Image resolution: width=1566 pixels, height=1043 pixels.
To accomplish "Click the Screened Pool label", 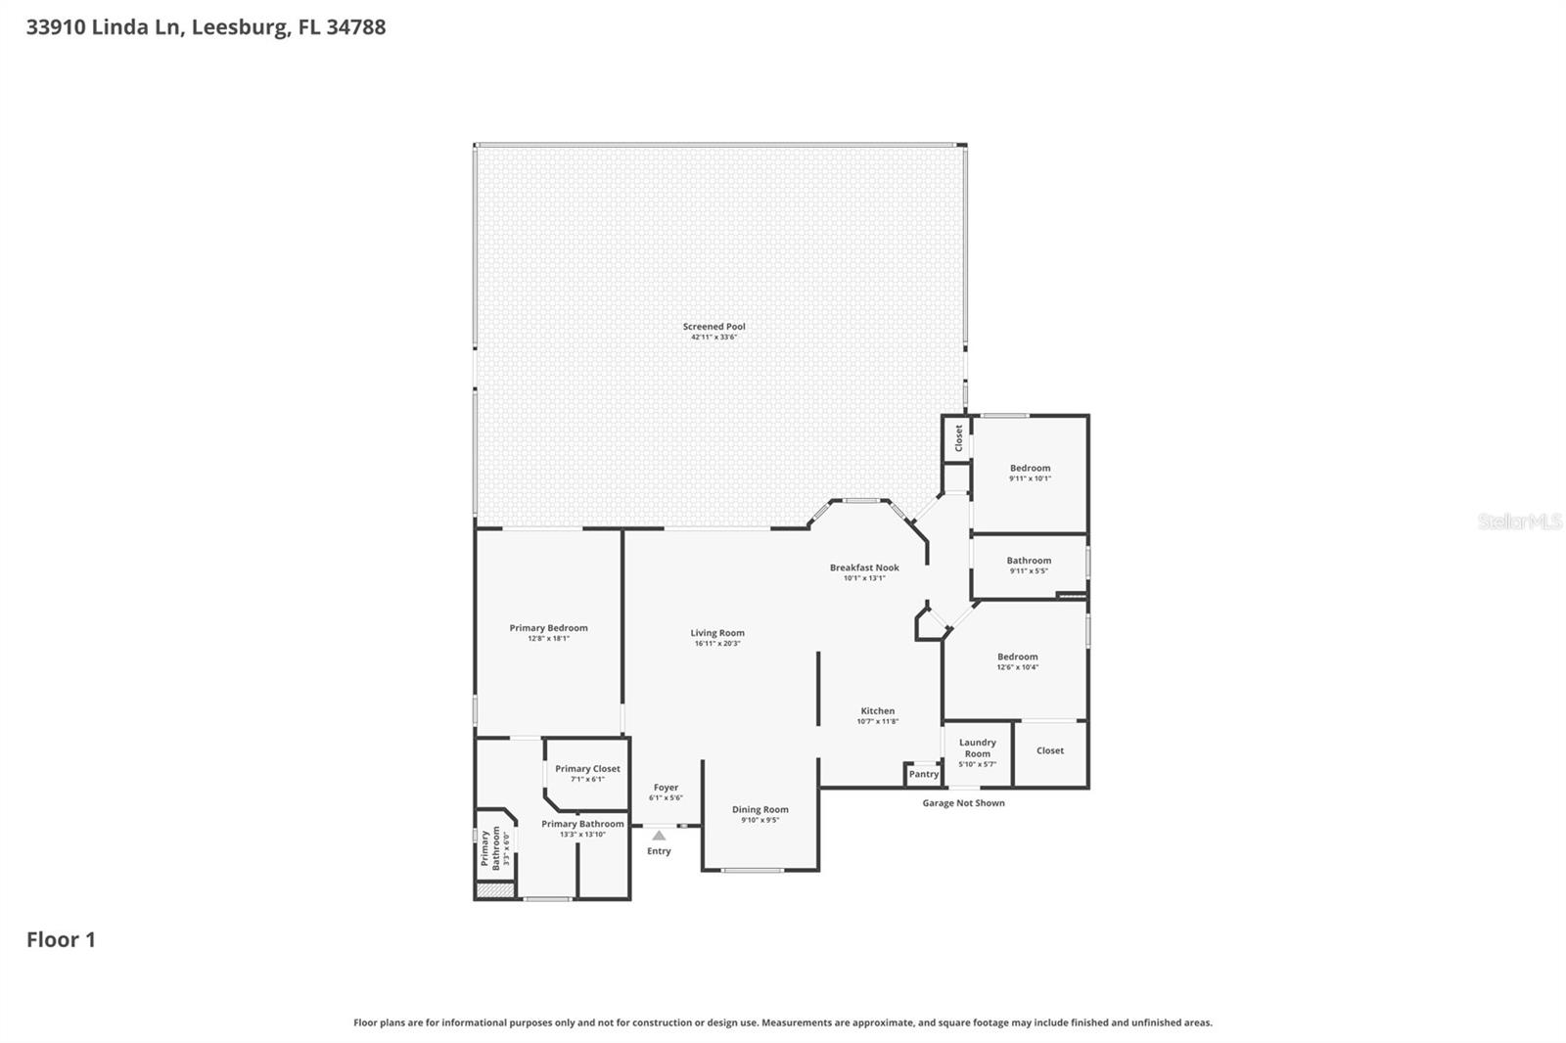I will pyautogui.click(x=714, y=327).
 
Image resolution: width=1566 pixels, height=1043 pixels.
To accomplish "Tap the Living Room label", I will pyautogui.click(x=717, y=633).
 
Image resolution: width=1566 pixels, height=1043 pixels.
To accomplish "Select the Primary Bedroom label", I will pyautogui.click(x=548, y=628).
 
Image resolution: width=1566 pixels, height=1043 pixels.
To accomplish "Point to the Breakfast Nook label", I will pyautogui.click(x=864, y=567).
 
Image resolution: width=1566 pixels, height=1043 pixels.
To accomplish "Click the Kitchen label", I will pyautogui.click(x=877, y=711).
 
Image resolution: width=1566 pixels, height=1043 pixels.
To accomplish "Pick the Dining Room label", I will pyautogui.click(x=760, y=809).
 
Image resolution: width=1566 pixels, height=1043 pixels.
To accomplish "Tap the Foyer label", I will pyautogui.click(x=666, y=787).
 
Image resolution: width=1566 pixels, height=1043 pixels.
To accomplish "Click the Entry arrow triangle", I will pyautogui.click(x=659, y=836).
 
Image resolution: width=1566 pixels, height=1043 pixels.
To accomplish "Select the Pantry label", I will pyautogui.click(x=923, y=774).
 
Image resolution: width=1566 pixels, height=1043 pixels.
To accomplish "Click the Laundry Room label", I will pyautogui.click(x=977, y=748).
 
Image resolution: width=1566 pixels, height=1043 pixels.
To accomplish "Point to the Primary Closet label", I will pyautogui.click(x=587, y=769).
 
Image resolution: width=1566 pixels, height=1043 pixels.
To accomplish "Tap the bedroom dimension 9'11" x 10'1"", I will pyautogui.click(x=1030, y=478).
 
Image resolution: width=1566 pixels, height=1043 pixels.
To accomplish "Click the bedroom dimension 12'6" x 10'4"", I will pyautogui.click(x=1017, y=667).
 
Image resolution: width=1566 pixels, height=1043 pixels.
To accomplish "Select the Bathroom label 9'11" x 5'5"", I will pyautogui.click(x=1029, y=561).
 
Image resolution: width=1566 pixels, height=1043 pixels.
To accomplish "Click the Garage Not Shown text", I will pyautogui.click(x=963, y=803).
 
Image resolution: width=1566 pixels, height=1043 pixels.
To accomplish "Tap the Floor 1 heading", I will pyautogui.click(x=61, y=939).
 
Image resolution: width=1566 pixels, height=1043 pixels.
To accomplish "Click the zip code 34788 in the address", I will pyautogui.click(x=355, y=27).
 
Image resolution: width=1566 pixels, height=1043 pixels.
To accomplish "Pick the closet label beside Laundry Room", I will pyautogui.click(x=1049, y=750).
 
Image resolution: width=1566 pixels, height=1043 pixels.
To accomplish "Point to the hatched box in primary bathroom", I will pyautogui.click(x=495, y=890).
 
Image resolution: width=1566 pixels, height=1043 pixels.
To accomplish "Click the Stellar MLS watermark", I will pyautogui.click(x=1519, y=521).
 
